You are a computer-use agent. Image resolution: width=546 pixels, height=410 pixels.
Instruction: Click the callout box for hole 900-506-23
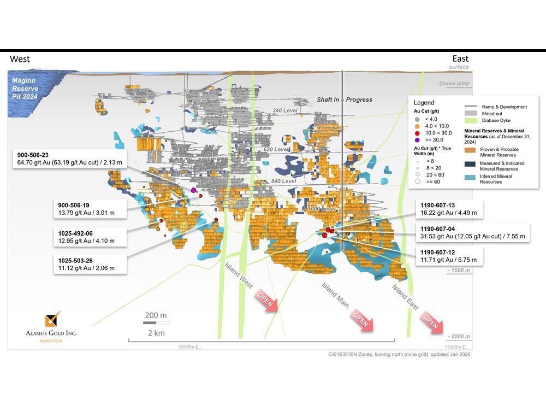(72, 159)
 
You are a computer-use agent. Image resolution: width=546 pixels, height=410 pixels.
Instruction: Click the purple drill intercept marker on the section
(194, 190)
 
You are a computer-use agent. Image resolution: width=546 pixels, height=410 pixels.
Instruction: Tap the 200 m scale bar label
(156, 315)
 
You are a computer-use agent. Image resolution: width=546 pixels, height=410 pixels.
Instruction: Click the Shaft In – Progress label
(345, 99)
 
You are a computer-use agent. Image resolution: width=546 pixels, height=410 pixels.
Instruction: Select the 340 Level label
(286, 110)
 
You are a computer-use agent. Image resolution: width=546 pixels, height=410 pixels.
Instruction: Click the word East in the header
(460, 58)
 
